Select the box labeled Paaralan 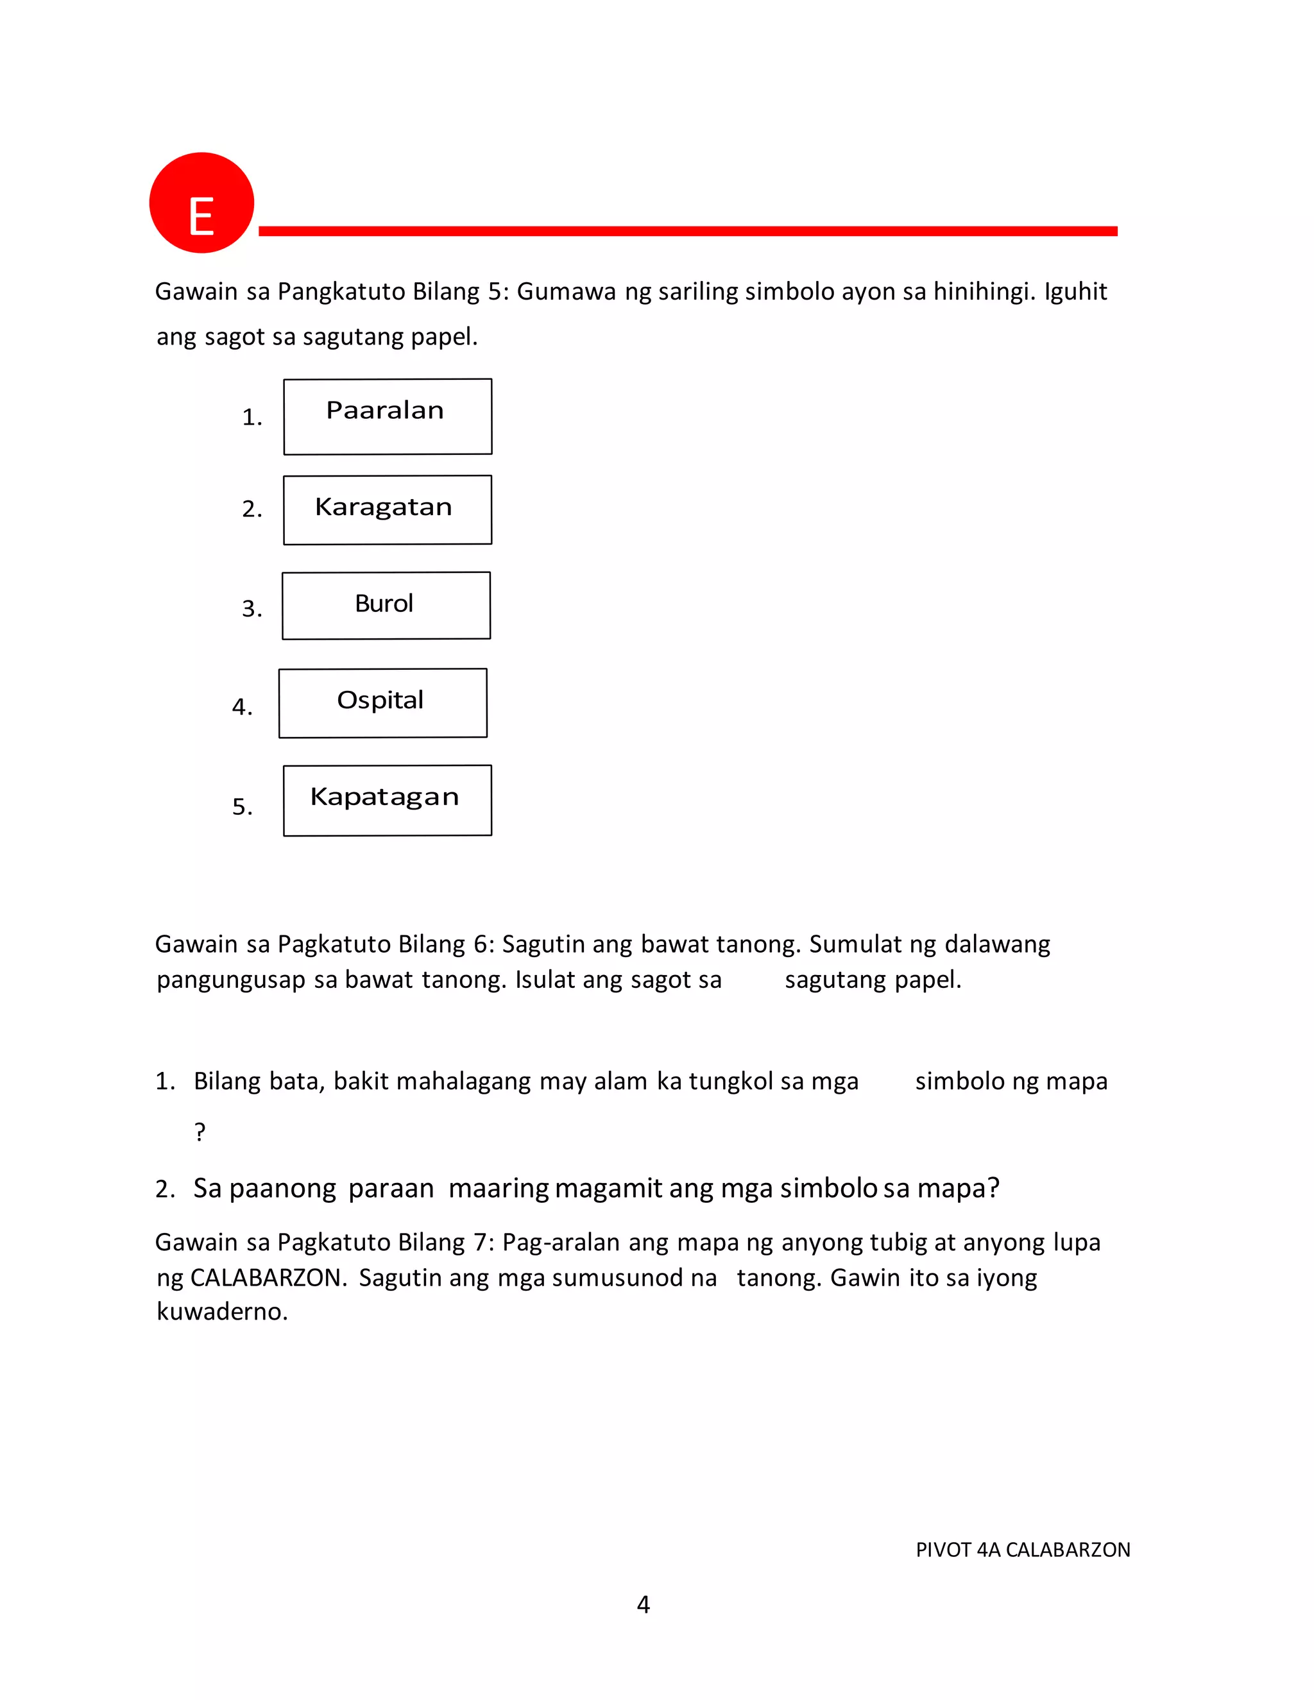point(388,416)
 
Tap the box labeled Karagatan point(388,510)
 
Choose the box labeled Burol point(386,606)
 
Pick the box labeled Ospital point(383,703)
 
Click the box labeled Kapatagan point(388,800)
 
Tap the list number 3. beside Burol point(252,609)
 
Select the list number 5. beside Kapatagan point(242,807)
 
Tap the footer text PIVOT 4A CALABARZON point(1023,1550)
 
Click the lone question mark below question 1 point(200,1131)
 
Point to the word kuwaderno point(222,1312)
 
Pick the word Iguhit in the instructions point(1075,291)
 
